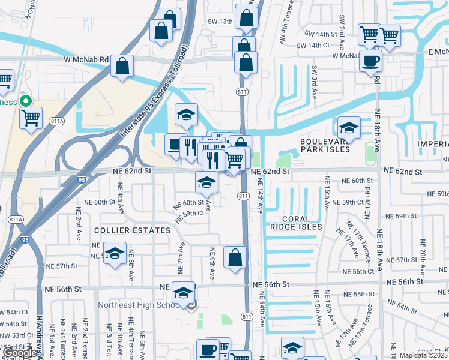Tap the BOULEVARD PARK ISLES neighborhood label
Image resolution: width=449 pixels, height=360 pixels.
325,145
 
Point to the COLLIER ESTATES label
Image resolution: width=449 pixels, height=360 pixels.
133,230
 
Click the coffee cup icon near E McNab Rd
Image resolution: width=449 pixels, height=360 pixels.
370,61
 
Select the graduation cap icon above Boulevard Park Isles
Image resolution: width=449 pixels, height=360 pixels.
348,128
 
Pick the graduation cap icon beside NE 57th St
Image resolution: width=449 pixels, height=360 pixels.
114,253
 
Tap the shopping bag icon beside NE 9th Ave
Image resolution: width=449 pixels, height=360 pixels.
235,257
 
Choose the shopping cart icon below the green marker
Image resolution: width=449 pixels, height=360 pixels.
31,118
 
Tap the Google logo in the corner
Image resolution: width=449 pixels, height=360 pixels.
20,353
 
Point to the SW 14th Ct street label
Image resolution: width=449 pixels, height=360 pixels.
318,46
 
